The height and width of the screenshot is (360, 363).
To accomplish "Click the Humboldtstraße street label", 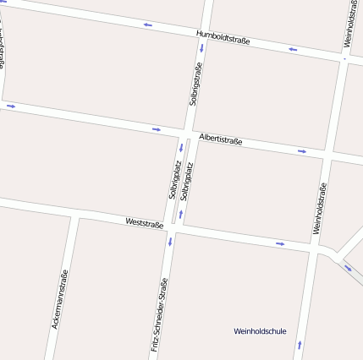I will pos(223,37).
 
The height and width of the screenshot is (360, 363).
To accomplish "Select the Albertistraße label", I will pos(221,139).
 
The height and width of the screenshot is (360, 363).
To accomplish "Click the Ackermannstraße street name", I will pos(59,298).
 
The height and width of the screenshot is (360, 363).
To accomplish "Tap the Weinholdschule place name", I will pos(260,330).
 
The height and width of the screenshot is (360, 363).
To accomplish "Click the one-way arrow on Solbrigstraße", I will pos(201,48).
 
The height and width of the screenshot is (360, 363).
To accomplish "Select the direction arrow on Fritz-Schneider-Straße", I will pos(170,243).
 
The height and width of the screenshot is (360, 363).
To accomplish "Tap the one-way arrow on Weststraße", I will pos(280,244).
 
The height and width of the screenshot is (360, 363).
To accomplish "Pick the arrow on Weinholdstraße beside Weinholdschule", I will pos(299,344).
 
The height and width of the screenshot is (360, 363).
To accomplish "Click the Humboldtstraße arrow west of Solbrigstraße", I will pos(148,25).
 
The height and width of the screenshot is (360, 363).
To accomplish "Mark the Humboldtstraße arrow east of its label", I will pos(293,49).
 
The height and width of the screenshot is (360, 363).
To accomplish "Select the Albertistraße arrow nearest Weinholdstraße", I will pos(302,151).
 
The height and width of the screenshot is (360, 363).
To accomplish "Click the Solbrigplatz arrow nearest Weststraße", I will pos(180,213).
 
